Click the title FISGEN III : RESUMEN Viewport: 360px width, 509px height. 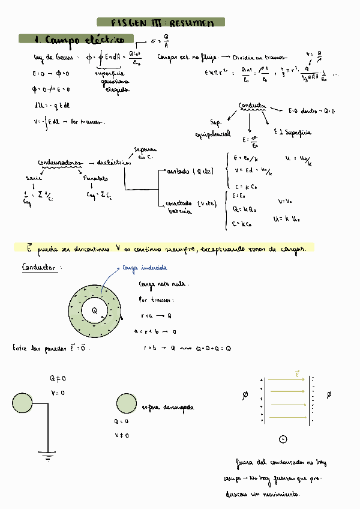pyautogui.click(x=163, y=23)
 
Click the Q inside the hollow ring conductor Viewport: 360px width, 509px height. pyautogui.click(x=95, y=311)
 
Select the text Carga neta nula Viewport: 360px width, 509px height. pyautogui.click(x=163, y=283)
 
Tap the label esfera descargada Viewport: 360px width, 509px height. pyautogui.click(x=168, y=407)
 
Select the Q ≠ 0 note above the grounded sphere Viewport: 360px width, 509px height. pyautogui.click(x=58, y=378)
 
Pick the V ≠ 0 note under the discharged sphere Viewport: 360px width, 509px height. pyautogui.click(x=121, y=435)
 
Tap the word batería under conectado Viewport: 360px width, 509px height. pyautogui.click(x=179, y=211)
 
